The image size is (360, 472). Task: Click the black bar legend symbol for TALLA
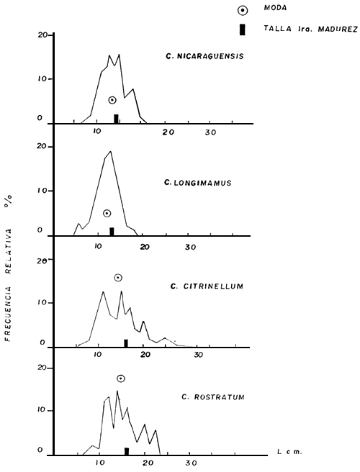(243, 29)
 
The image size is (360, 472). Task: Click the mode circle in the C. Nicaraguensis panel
(112, 100)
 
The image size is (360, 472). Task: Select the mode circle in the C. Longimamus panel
(107, 213)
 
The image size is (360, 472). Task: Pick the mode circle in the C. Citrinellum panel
(118, 278)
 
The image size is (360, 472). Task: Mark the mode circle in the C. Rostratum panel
(121, 378)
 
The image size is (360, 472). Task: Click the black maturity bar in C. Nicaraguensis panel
(116, 119)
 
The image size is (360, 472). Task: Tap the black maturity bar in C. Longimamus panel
(112, 231)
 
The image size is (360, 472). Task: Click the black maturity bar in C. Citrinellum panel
(126, 343)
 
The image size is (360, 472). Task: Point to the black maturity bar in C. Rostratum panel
(127, 451)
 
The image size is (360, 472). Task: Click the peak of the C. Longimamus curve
(110, 151)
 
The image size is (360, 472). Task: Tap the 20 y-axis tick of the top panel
(42, 35)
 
